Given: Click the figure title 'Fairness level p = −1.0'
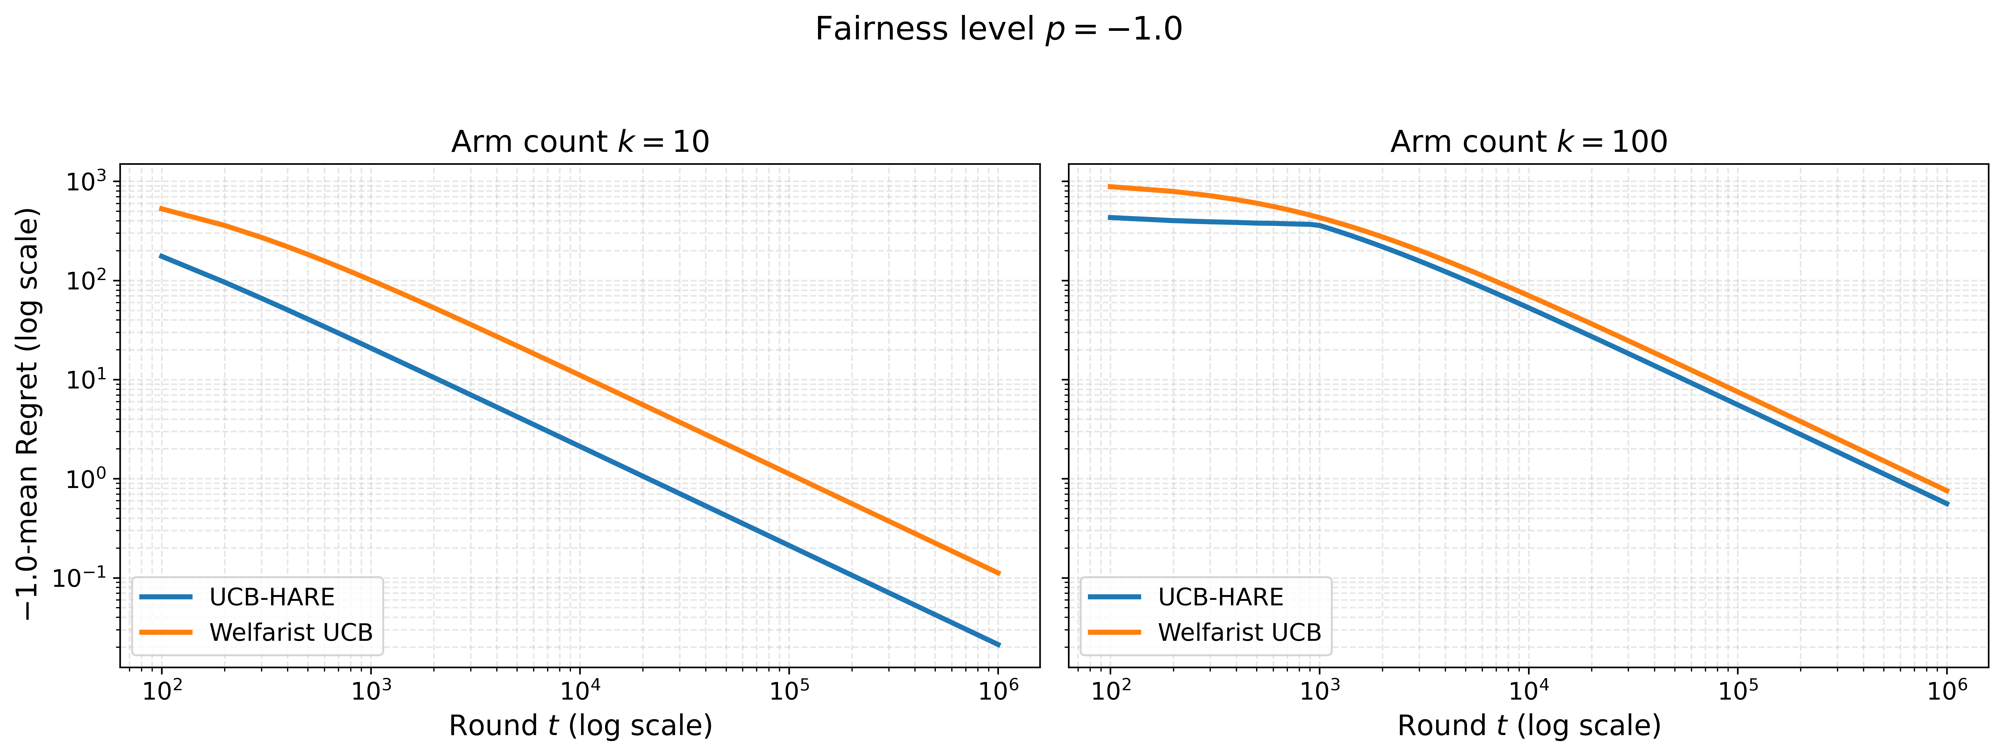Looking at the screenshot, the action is pos(998,30).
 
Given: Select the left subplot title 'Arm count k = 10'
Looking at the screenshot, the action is pos(580,141).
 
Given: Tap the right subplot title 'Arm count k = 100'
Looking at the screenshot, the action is pos(1529,141).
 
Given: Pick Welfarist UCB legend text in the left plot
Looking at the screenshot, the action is pos(291,632).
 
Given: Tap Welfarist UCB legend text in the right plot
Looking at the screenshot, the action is pos(1239,632).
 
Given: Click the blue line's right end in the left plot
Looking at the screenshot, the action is pos(998,645).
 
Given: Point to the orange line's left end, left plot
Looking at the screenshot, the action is pos(161,208).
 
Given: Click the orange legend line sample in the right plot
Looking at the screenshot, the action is pos(1114,632).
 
